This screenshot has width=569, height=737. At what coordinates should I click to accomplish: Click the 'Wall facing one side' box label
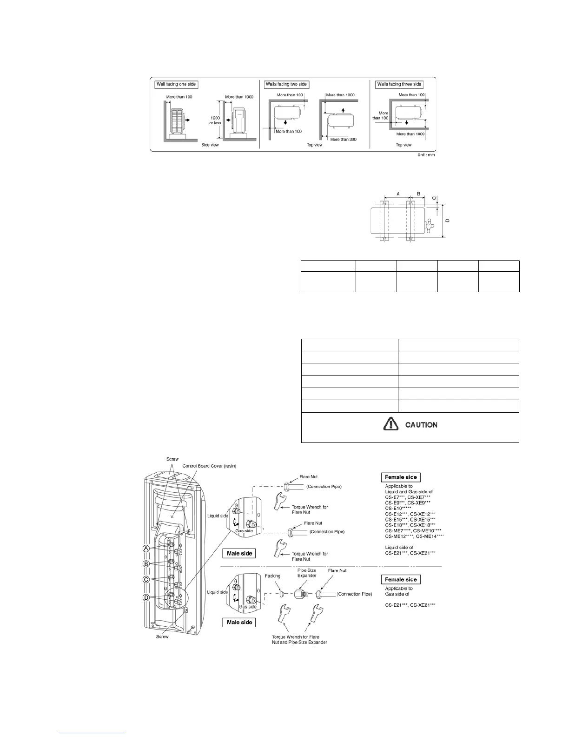176,84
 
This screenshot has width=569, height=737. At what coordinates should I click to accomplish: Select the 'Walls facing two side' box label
286,84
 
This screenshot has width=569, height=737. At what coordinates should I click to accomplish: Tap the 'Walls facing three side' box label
399,84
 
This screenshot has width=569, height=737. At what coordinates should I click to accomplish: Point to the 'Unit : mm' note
426,154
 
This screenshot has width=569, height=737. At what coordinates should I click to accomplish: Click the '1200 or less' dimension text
215,121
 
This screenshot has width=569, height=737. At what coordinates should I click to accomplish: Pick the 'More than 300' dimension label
343,139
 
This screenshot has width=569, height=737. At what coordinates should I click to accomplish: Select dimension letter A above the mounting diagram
398,193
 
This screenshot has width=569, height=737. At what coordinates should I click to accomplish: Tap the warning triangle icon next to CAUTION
390,424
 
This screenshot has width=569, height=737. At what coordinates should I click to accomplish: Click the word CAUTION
421,425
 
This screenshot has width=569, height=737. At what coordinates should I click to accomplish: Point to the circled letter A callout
146,549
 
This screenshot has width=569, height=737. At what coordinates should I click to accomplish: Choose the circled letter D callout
146,597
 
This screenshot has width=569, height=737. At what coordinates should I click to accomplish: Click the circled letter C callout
146,580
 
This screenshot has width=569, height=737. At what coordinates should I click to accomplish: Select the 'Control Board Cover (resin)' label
209,466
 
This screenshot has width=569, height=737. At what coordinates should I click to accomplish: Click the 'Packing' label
272,576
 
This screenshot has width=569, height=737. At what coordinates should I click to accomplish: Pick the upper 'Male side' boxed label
239,553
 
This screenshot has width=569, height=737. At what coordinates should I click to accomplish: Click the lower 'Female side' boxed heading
401,579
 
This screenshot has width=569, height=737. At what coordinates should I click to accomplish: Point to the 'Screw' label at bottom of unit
162,636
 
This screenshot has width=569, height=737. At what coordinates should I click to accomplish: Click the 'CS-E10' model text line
398,509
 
